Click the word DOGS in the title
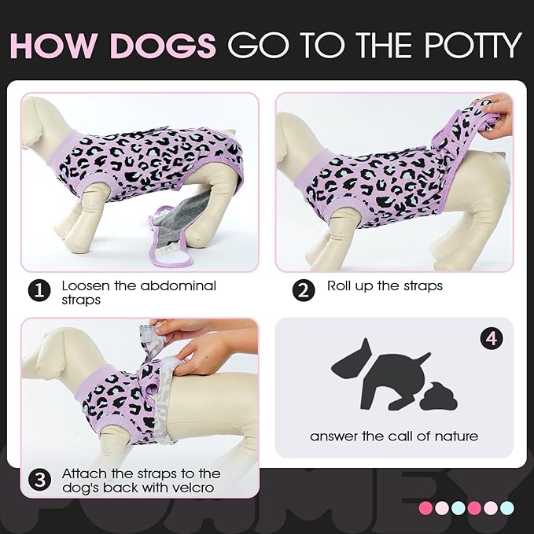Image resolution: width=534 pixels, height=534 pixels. [x=164, y=46]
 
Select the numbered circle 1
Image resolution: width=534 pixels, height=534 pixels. [x=40, y=291]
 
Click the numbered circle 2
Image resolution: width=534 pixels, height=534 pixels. [x=304, y=291]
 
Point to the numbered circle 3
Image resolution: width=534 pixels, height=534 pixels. [x=40, y=479]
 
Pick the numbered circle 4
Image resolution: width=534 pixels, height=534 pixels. [x=492, y=339]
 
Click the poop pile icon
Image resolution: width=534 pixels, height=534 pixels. [x=438, y=396]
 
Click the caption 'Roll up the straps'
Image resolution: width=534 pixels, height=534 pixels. [x=385, y=285]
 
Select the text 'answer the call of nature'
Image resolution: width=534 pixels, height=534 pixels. [x=393, y=436]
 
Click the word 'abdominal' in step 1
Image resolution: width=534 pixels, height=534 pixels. [x=177, y=285]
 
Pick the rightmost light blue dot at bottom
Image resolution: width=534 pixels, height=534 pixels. [x=506, y=507]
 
